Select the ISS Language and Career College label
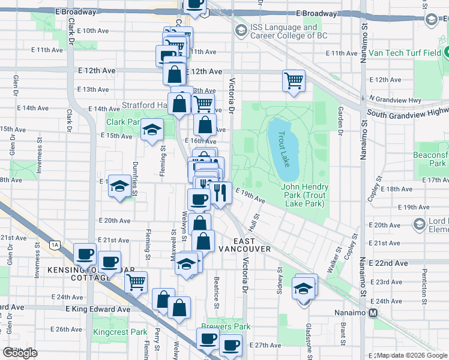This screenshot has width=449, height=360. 285,31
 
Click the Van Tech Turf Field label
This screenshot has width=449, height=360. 405,53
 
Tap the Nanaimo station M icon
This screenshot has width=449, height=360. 373,313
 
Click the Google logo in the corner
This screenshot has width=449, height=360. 20,353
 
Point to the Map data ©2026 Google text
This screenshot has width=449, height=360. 412,356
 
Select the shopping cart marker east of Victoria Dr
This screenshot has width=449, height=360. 294,80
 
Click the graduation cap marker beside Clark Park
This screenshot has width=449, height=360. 152,130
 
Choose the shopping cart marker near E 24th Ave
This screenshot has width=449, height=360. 137,281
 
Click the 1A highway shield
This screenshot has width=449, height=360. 56,244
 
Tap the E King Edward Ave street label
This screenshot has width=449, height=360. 98,309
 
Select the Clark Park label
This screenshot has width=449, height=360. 122,122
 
